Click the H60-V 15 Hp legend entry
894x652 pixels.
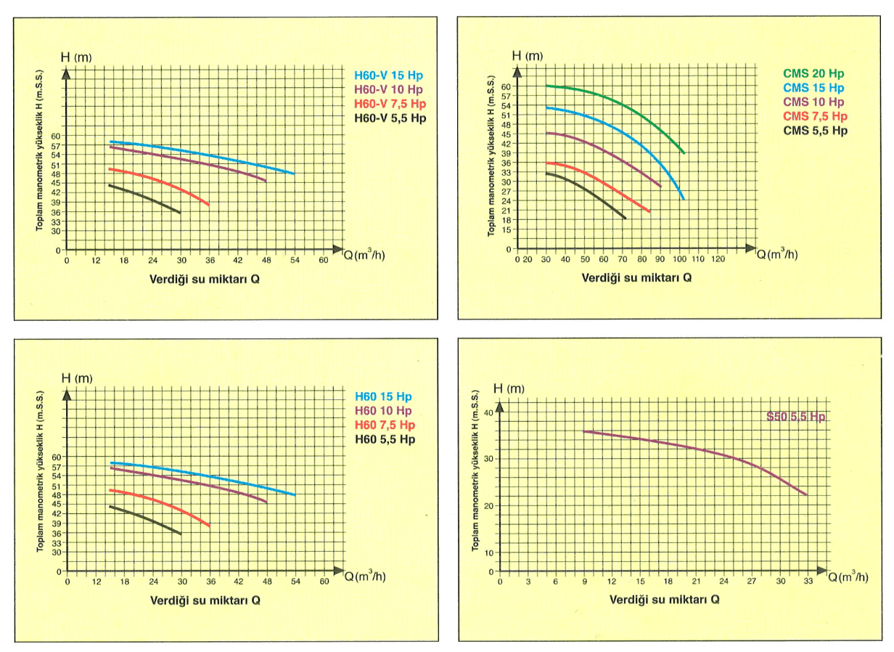click(388, 75)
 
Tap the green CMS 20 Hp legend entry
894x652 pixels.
click(813, 73)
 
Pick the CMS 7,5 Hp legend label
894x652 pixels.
click(815, 116)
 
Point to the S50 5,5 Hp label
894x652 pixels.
click(796, 417)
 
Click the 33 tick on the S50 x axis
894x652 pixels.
click(808, 581)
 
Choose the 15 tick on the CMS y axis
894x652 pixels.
click(506, 229)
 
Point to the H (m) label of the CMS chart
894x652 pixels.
click(527, 55)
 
